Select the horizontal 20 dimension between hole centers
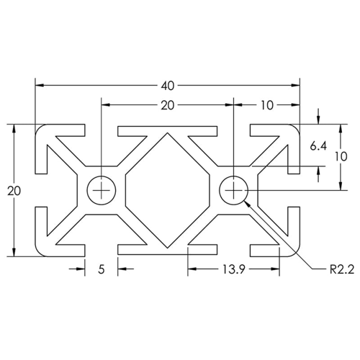point(167,105)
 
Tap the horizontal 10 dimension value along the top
point(267,105)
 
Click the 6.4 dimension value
point(319,146)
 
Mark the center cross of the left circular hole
point(102,190)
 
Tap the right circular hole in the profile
point(234,190)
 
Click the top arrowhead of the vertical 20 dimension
point(13,128)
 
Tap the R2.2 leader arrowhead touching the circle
point(248,203)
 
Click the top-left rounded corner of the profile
point(40,130)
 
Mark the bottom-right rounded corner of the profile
point(294,251)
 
